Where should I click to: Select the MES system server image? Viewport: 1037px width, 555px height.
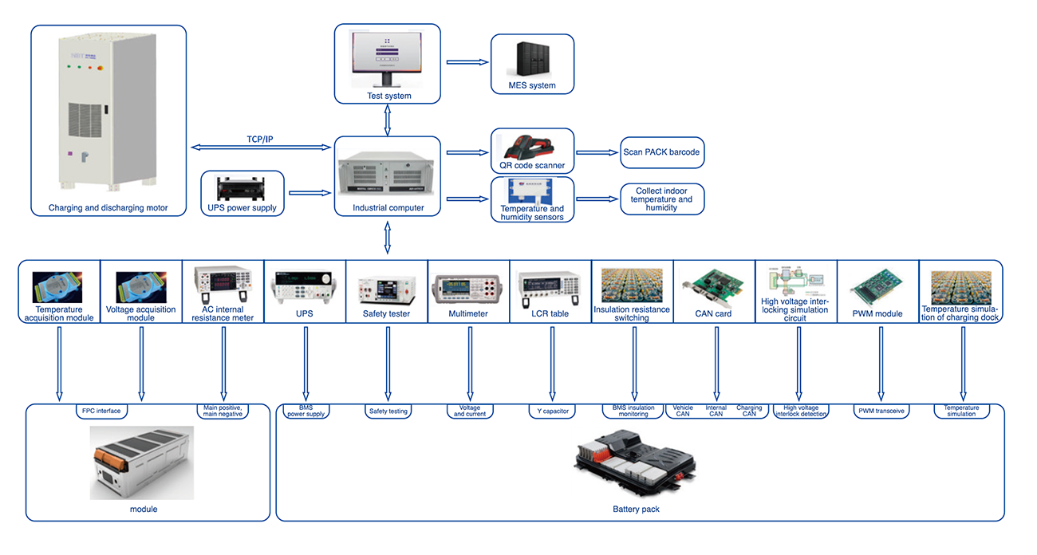click(531, 58)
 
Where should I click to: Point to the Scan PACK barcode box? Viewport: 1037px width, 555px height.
click(662, 152)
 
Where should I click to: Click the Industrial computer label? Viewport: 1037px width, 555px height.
click(388, 208)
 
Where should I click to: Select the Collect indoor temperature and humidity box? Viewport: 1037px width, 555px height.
click(662, 199)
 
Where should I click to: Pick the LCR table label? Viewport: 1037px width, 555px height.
click(550, 314)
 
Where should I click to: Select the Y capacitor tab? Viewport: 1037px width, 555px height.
click(550, 411)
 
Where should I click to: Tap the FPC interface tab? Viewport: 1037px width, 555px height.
click(101, 411)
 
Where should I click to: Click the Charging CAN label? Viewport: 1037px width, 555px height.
click(749, 411)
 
